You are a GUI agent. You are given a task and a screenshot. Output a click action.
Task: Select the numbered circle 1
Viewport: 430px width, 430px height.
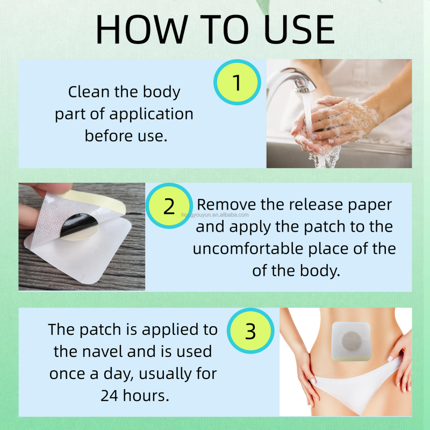237,82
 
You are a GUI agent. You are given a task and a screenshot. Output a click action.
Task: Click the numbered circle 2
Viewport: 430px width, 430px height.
169,206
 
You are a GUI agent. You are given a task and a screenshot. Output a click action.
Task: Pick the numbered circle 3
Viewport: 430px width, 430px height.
250,332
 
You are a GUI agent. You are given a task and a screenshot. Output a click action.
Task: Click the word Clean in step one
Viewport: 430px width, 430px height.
89,92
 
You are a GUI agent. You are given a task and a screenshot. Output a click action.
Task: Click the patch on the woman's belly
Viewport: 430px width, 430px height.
352,340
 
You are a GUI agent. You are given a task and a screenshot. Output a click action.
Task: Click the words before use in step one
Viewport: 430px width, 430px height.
126,135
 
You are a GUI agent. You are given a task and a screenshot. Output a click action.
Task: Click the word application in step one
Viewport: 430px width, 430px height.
151,113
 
